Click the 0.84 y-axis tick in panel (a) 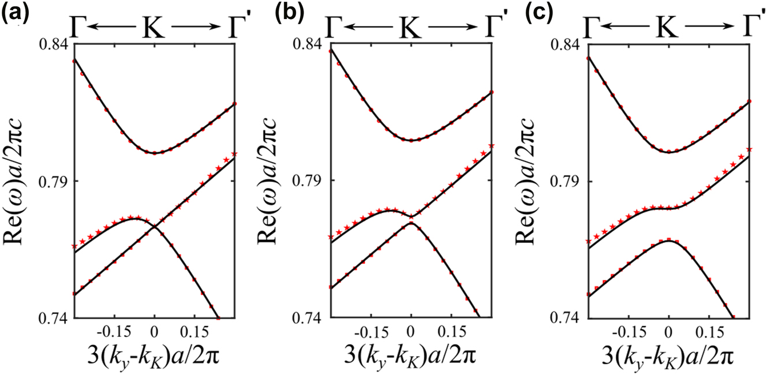pos(54,44)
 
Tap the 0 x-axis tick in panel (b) pos(411,333)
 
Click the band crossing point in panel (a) pos(155,226)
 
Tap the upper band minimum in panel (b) pos(411,140)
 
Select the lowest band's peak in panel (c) pos(668,240)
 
